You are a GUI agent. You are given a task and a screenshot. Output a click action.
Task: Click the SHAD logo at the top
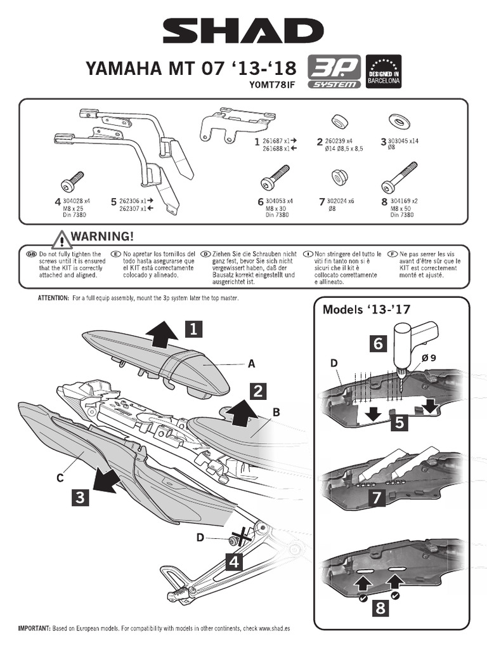[243, 30]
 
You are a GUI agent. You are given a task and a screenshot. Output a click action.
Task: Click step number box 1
[195, 328]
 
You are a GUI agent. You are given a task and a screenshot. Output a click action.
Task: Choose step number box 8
[380, 608]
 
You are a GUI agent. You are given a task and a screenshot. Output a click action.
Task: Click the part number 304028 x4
[77, 201]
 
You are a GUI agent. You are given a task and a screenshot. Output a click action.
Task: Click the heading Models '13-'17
[358, 310]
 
